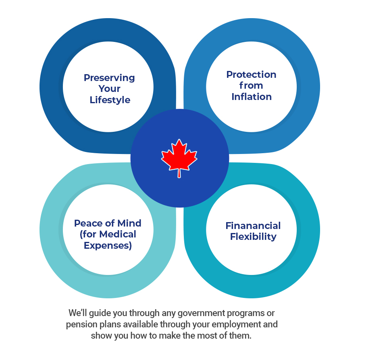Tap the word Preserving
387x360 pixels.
(109, 78)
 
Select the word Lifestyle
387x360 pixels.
(110, 100)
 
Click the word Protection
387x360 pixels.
(251, 75)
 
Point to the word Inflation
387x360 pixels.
(252, 97)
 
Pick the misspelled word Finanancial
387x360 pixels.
(253, 225)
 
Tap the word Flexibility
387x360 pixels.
(253, 237)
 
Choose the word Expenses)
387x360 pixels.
(108, 246)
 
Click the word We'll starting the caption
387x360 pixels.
(78, 313)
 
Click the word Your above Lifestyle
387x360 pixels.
(109, 89)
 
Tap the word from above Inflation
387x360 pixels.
(251, 85)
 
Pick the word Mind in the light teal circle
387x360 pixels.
(129, 223)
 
